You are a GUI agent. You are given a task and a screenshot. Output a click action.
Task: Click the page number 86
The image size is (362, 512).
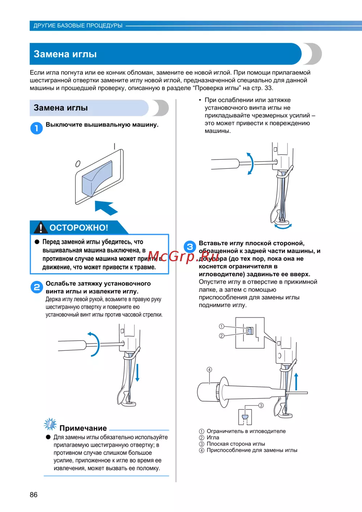pyautogui.click(x=34, y=495)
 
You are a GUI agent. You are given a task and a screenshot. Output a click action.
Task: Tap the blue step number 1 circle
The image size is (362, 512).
pyautogui.click(x=37, y=128)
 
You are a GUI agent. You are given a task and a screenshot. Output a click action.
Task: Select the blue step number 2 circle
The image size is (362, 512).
pyautogui.click(x=37, y=287)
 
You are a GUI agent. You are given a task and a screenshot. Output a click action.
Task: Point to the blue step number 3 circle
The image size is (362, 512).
pyautogui.click(x=190, y=247)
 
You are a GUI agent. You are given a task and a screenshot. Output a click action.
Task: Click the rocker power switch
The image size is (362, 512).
pyautogui.click(x=97, y=178)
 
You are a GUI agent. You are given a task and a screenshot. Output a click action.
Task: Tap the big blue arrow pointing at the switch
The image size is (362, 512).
pyautogui.click(x=106, y=208)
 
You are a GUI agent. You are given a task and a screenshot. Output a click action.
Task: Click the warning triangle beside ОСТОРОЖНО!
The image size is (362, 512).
pyautogui.click(x=41, y=227)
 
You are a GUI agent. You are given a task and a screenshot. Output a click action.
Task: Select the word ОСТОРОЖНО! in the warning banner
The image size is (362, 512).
pyautogui.click(x=79, y=228)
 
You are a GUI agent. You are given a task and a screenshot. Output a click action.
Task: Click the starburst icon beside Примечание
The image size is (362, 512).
pyautogui.click(x=50, y=424)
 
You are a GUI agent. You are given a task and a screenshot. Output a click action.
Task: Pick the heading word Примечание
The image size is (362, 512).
pyautogui.click(x=83, y=428)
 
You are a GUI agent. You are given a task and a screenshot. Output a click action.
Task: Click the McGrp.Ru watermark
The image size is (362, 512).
pyautogui.click(x=183, y=257)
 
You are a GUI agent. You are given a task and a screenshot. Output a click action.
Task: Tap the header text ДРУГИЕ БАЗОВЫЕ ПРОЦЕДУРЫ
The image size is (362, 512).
pyautogui.click(x=78, y=26)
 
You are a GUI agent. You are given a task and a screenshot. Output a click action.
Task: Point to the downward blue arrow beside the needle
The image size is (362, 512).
pyautogui.click(x=137, y=372)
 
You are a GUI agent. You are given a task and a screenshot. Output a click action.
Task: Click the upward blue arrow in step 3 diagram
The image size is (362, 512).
pyautogui.click(x=296, y=382)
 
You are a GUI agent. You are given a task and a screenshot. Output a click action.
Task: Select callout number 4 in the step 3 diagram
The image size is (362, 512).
pyautogui.click(x=209, y=370)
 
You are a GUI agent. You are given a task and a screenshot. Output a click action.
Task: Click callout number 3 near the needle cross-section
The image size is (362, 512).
pyautogui.click(x=261, y=405)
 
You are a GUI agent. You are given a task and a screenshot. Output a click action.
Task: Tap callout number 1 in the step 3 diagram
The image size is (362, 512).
pyautogui.click(x=222, y=326)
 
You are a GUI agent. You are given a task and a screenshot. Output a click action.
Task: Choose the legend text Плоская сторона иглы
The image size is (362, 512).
pyautogui.click(x=236, y=444)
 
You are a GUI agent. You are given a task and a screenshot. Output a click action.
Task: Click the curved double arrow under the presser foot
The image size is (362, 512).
pyautogui.click(x=283, y=227)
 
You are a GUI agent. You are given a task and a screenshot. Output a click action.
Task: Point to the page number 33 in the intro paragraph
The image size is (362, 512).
pyautogui.click(x=268, y=88)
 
